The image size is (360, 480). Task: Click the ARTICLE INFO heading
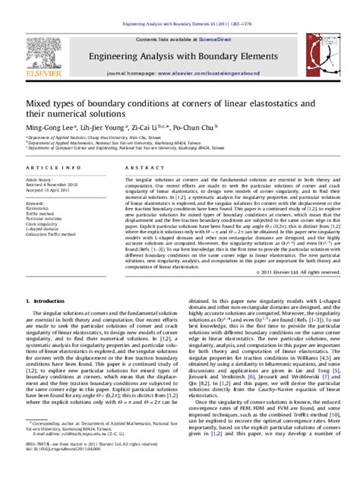(49, 166)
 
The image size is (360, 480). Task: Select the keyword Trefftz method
(44, 215)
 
